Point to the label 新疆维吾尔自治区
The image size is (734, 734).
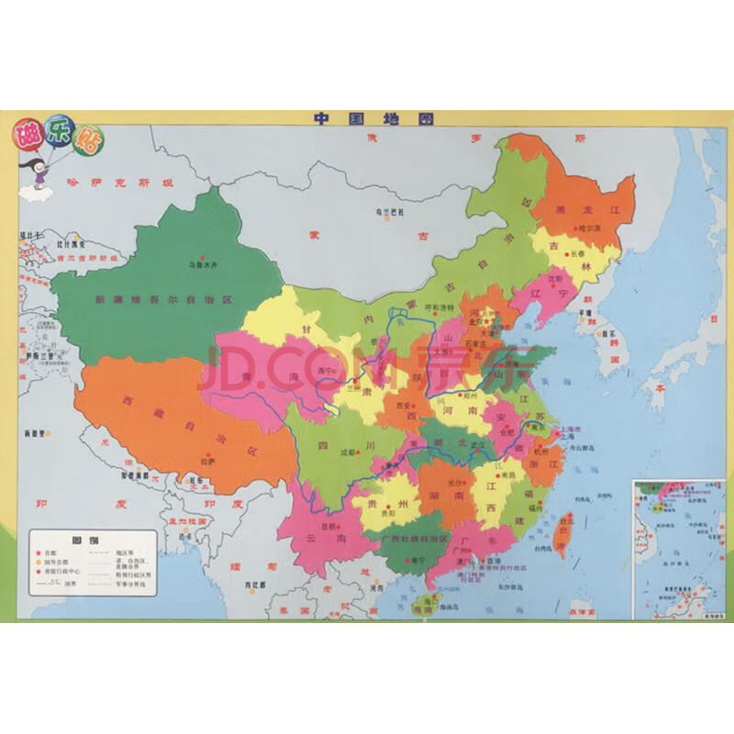tap(166, 299)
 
